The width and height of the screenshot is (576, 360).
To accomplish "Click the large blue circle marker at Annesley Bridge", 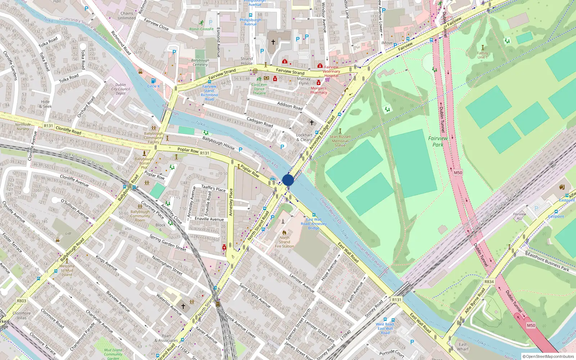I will pos(288,180).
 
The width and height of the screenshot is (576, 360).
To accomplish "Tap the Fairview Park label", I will pos(438,141).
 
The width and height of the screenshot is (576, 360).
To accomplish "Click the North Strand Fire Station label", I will pos(284,242).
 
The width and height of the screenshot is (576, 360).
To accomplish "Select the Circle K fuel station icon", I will pos(153,81).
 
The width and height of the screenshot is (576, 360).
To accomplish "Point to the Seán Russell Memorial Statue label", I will pos(340,141).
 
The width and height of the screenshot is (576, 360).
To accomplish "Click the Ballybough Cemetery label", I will pos(200,63).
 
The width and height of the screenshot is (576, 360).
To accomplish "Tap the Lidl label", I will pos(68,233).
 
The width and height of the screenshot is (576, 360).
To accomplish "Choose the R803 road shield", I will pos(22,301).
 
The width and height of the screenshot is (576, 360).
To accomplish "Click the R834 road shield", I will pos(489,282).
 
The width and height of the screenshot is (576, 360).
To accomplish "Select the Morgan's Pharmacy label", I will pos(319,90).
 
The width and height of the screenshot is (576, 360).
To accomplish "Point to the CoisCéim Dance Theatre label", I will pos(259,89).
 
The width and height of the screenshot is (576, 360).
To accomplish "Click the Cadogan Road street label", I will pos(260,122).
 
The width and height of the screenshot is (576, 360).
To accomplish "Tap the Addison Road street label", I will pos(290,105).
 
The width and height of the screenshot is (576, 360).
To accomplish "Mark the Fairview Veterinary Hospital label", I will pos(331,71).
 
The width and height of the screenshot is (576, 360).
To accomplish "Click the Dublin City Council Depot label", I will pos(121,89).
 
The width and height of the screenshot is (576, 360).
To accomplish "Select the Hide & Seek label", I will pos(45,104).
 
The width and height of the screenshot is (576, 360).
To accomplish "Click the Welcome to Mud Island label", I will pos(67,270).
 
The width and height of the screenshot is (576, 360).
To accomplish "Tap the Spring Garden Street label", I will pos(168,243).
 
